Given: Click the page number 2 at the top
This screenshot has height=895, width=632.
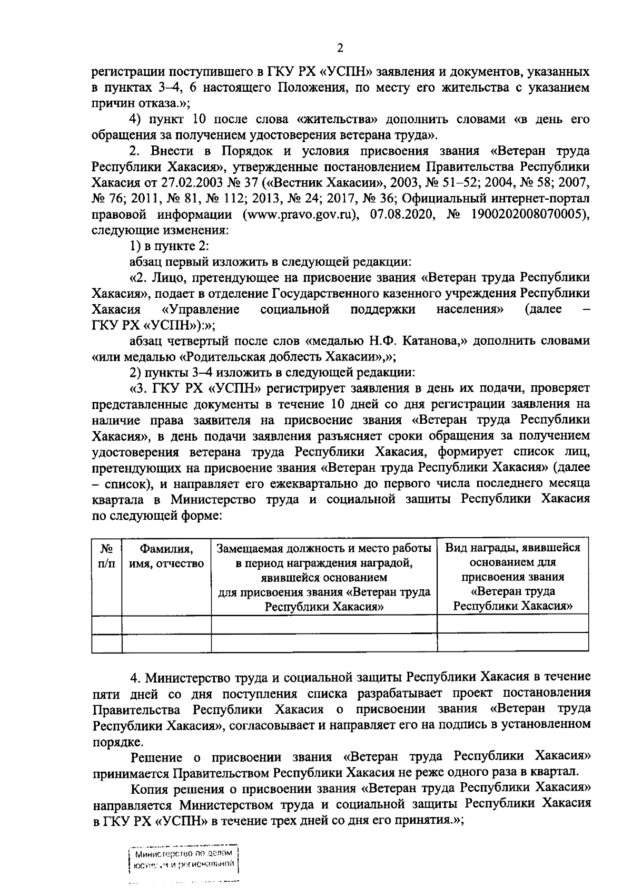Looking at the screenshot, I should [340, 48].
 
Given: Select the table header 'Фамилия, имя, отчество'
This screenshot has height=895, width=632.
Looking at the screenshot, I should [166, 556].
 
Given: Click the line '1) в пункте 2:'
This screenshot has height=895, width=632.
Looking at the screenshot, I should [170, 246].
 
